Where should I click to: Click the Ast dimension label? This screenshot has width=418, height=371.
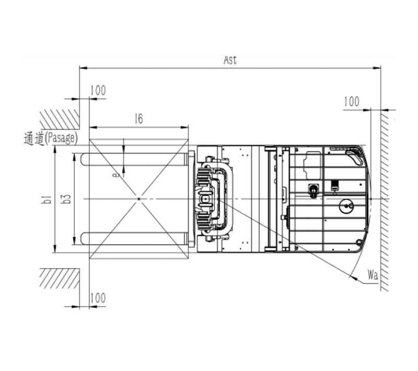(230, 60)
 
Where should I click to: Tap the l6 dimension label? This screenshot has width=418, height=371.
(139, 119)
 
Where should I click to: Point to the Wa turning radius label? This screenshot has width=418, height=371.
(373, 274)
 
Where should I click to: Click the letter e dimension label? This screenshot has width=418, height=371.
(115, 175)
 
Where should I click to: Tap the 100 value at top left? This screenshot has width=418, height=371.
(98, 90)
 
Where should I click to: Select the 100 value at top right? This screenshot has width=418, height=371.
(352, 101)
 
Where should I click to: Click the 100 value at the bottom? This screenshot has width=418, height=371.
(98, 298)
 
